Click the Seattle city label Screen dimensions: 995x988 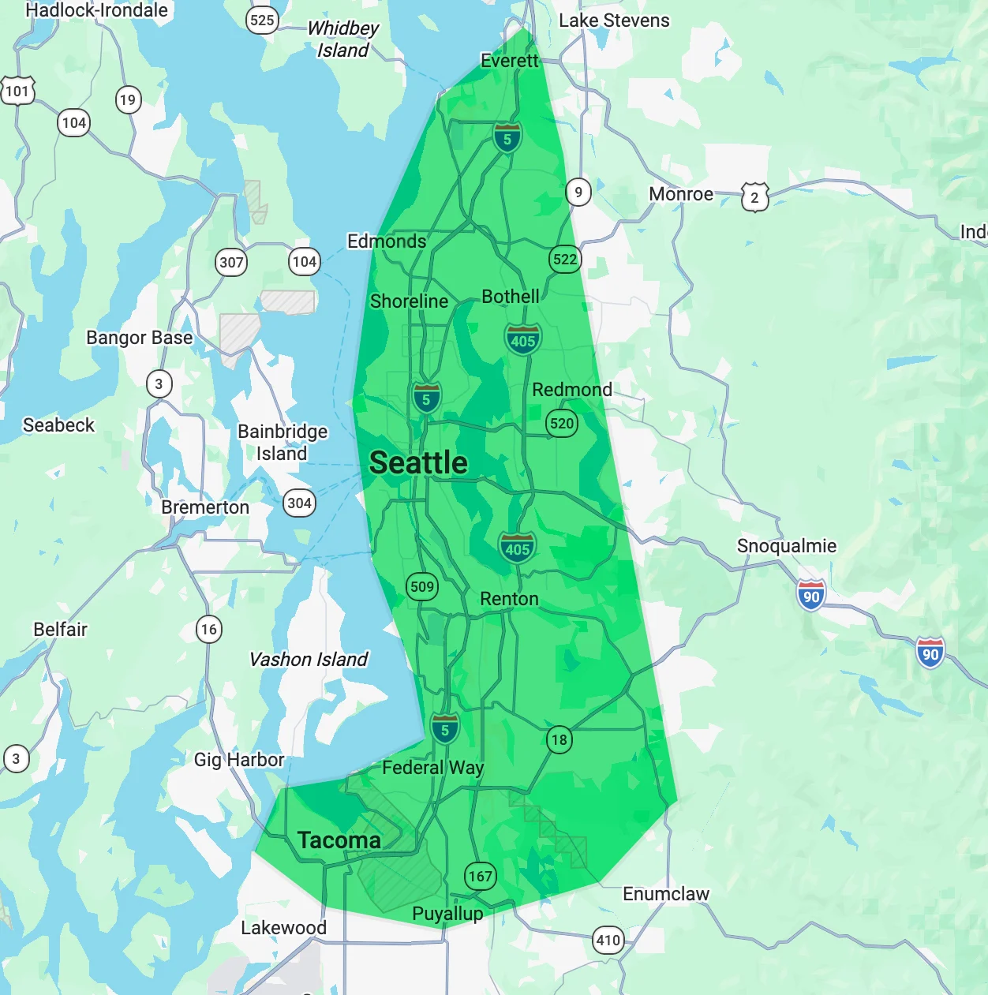coord(418,463)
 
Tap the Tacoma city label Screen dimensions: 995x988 coord(339,840)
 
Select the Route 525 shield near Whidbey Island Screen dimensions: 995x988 coord(262,20)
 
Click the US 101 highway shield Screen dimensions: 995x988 coord(17,91)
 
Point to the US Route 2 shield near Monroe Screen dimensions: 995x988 coord(754,197)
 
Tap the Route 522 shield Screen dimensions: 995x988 coord(564,259)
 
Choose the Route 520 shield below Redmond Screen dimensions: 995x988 coord(562,423)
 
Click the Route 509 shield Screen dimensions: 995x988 coord(422,586)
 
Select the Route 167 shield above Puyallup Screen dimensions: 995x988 coord(480,876)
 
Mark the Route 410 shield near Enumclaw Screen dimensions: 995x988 coord(608,940)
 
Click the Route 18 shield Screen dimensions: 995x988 coord(559,739)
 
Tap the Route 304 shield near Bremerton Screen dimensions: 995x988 coord(299,503)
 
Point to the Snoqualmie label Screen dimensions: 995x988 coord(786,546)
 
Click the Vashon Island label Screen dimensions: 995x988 coord(309,660)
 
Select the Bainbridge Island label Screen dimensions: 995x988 coord(283,443)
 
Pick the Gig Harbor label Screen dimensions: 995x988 coord(239,760)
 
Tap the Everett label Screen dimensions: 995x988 coord(509,61)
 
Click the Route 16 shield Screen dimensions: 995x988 coord(208,629)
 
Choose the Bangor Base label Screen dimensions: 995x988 coord(139,338)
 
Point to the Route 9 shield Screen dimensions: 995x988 coord(578,192)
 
